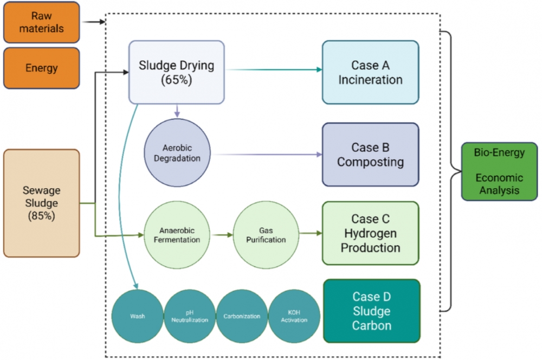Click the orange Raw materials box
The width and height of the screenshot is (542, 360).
[x=41, y=22]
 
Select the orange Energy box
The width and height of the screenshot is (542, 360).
[x=41, y=68]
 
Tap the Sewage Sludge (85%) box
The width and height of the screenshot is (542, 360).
[x=41, y=203]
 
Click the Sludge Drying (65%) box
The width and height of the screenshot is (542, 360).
[x=176, y=72]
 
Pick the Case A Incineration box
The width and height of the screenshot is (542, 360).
[x=370, y=72]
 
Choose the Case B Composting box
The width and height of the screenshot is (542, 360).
[x=370, y=155]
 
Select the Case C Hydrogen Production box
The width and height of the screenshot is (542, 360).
[x=370, y=234]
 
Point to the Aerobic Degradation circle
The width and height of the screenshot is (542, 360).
[x=177, y=153]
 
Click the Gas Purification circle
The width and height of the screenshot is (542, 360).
[x=266, y=234]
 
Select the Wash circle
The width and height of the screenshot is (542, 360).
[x=137, y=316]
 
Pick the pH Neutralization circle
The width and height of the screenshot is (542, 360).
[x=189, y=316]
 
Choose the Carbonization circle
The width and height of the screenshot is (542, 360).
[x=242, y=316]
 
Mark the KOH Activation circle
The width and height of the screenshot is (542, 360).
[x=294, y=316]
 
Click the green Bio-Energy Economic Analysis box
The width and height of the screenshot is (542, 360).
[x=499, y=171]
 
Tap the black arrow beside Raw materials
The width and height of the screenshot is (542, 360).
[x=93, y=22]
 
